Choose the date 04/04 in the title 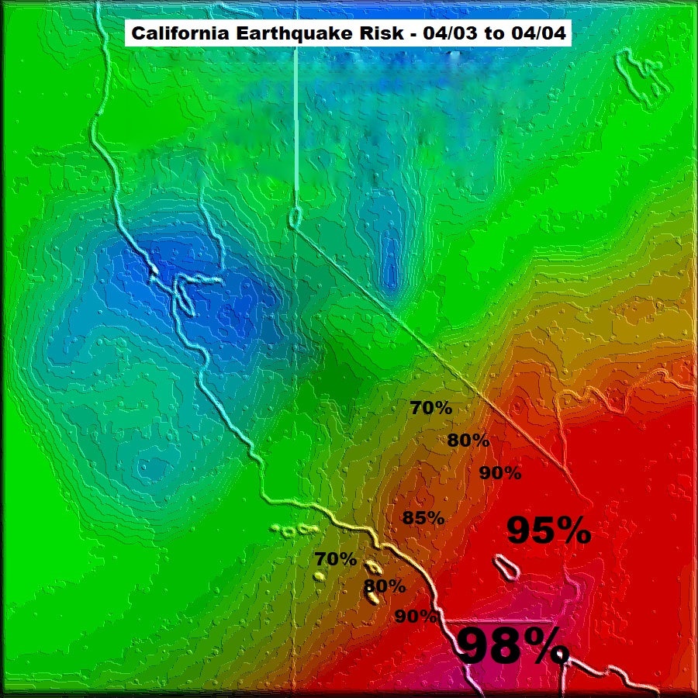click(534, 35)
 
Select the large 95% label click(548, 531)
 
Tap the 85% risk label click(423, 518)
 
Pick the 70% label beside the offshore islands click(336, 558)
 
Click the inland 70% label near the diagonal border click(431, 407)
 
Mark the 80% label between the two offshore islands click(385, 586)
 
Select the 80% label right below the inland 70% click(468, 441)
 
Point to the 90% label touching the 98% click(416, 617)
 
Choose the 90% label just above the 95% click(500, 472)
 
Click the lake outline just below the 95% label click(506, 566)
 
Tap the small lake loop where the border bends click(295, 218)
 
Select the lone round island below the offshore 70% click(318, 577)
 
